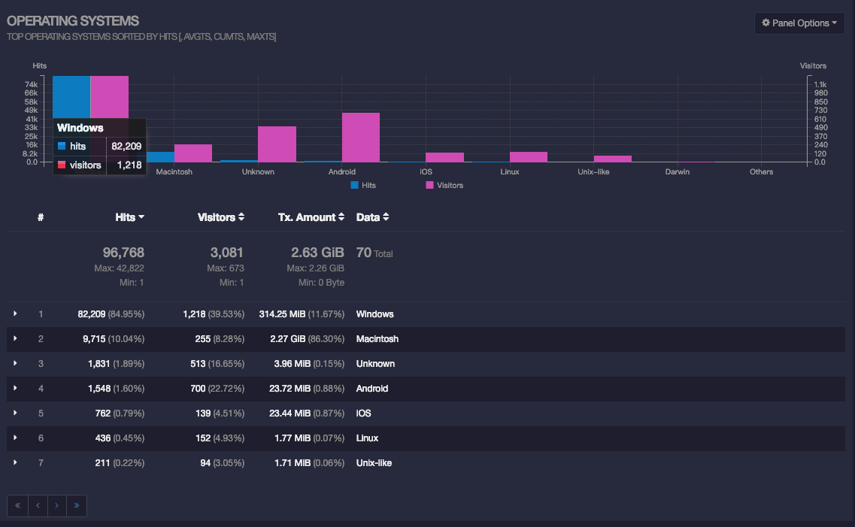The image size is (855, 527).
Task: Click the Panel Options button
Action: click(799, 23)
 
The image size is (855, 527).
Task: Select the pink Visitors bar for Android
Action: click(360, 137)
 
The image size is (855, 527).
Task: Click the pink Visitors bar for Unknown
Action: click(277, 144)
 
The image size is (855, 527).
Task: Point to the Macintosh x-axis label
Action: click(174, 172)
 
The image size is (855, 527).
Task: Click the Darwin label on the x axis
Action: click(677, 172)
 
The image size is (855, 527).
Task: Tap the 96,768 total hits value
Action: click(123, 253)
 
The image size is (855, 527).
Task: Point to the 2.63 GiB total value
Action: click(317, 253)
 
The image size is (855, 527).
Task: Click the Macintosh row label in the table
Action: click(377, 339)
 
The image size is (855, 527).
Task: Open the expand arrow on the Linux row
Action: click(15, 438)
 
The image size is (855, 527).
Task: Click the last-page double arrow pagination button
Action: click(77, 506)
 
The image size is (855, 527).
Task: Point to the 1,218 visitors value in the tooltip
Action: click(129, 165)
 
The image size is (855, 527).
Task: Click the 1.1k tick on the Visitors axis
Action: click(820, 84)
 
